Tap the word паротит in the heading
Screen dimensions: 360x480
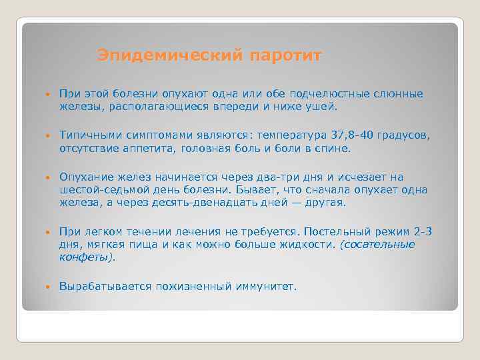point(285,55)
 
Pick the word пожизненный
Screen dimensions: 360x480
point(191,287)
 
